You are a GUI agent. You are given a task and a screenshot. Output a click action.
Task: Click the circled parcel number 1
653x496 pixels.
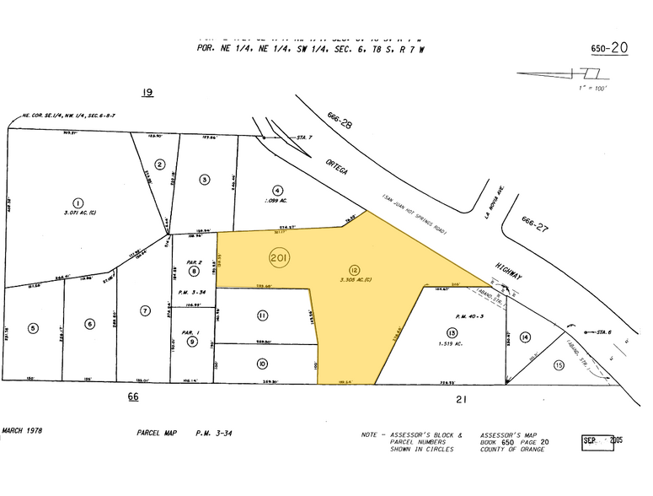click(x=78, y=202)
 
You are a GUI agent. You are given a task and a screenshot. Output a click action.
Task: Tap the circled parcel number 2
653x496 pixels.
click(x=159, y=165)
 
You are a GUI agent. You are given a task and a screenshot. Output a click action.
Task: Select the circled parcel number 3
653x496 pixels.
click(x=204, y=179)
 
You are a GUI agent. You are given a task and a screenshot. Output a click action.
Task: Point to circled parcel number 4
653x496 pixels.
click(x=277, y=191)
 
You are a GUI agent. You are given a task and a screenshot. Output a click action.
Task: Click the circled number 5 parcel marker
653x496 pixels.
click(x=34, y=327)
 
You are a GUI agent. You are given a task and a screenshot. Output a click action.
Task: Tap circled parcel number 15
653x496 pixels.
click(x=557, y=365)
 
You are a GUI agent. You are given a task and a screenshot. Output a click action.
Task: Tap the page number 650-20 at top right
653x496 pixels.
click(x=609, y=48)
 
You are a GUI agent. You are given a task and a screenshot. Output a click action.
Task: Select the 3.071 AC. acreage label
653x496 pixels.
click(x=78, y=216)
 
